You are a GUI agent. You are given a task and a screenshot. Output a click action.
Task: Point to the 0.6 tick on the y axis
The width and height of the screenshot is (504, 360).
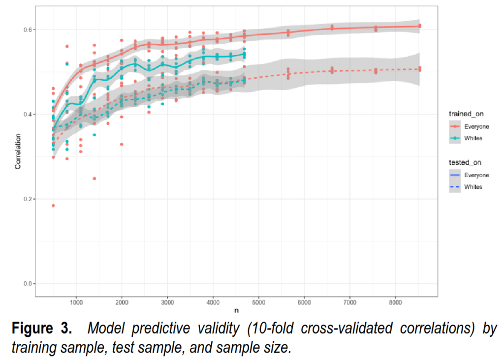pyautogui.click(x=28, y=30)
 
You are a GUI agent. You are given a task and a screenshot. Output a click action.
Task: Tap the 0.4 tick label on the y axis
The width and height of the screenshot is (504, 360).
pyautogui.click(x=28, y=114)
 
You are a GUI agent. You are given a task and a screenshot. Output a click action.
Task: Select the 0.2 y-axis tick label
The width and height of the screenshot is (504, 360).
pyautogui.click(x=28, y=199)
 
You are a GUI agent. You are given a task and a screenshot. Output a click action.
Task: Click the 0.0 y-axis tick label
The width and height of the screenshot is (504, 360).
pyautogui.click(x=28, y=284)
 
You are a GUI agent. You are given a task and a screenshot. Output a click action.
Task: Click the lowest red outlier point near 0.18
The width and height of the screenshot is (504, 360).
pyautogui.click(x=53, y=206)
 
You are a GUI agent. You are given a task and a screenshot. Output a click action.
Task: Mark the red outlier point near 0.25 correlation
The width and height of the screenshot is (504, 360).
pyautogui.click(x=94, y=179)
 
